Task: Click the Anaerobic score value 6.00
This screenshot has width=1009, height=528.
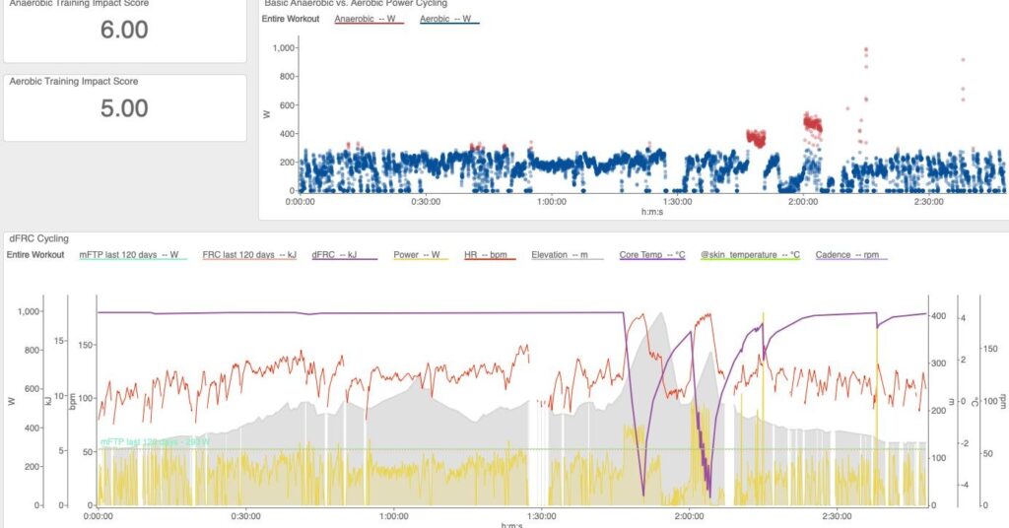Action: [124, 30]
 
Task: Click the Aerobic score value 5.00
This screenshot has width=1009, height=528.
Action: [124, 107]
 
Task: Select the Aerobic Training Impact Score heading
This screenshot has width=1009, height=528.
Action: [74, 82]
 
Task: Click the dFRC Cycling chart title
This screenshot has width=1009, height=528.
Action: [39, 238]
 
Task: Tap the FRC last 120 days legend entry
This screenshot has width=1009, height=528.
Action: [250, 255]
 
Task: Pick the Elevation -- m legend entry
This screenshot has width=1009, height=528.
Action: [566, 255]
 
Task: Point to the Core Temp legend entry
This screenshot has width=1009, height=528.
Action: [651, 255]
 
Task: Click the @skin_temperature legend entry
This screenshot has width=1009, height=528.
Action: [750, 255]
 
